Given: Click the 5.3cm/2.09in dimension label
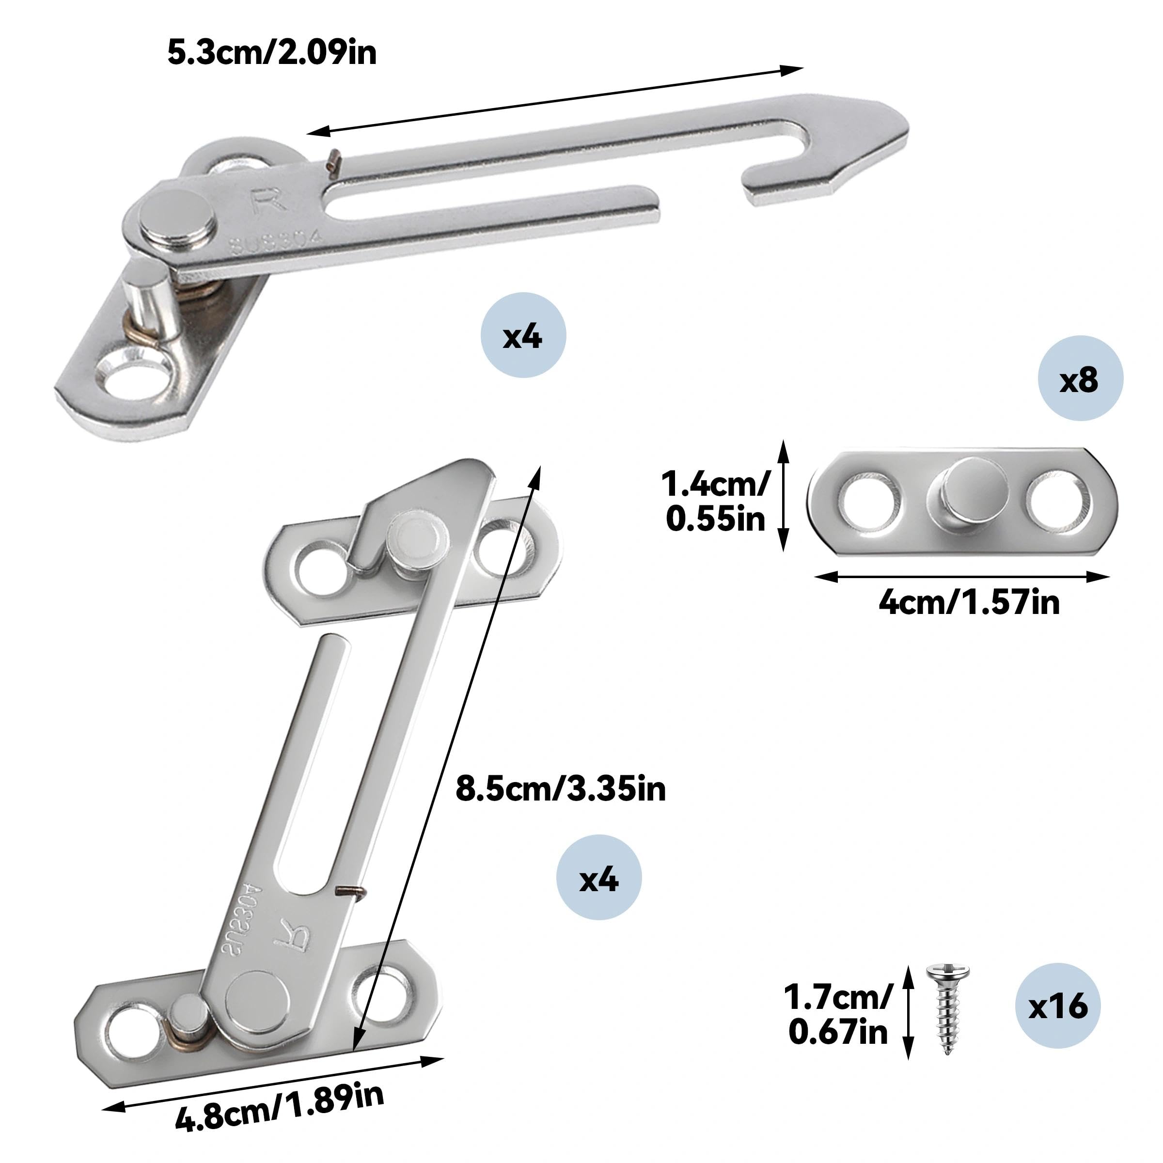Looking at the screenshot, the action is point(272,52).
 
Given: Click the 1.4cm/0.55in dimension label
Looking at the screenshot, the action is point(716,501).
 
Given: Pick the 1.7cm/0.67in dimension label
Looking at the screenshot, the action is point(838,1014).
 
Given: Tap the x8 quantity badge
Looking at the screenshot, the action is point(1081,378).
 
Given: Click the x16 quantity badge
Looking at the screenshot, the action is point(1058,1006).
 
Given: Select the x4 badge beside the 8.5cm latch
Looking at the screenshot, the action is point(599,877).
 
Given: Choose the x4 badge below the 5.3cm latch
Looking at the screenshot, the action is point(523,335).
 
